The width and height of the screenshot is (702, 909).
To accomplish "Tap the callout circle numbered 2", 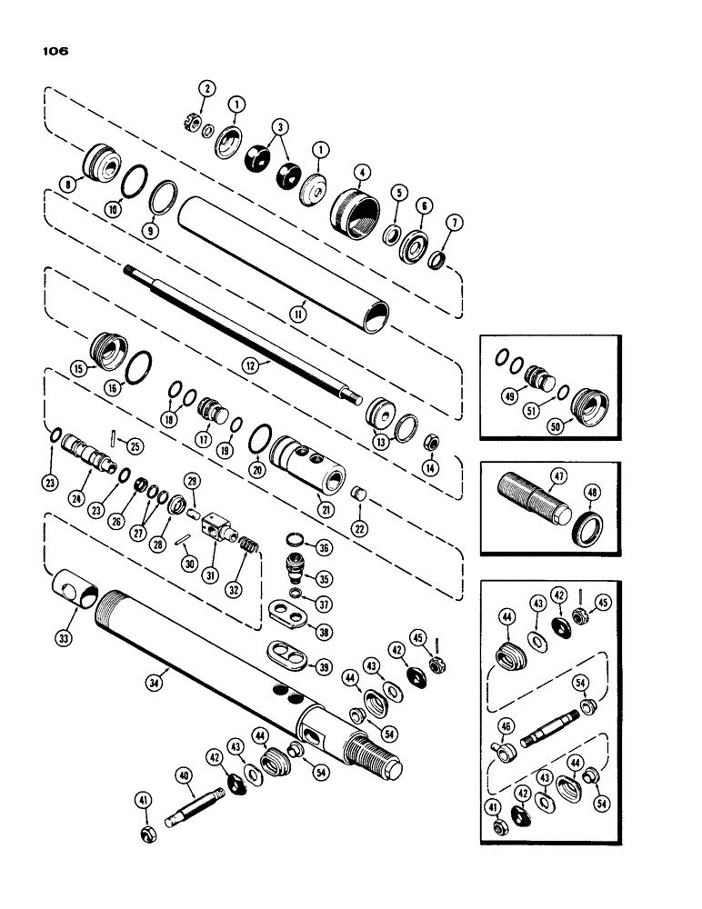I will pyautogui.click(x=208, y=88).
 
